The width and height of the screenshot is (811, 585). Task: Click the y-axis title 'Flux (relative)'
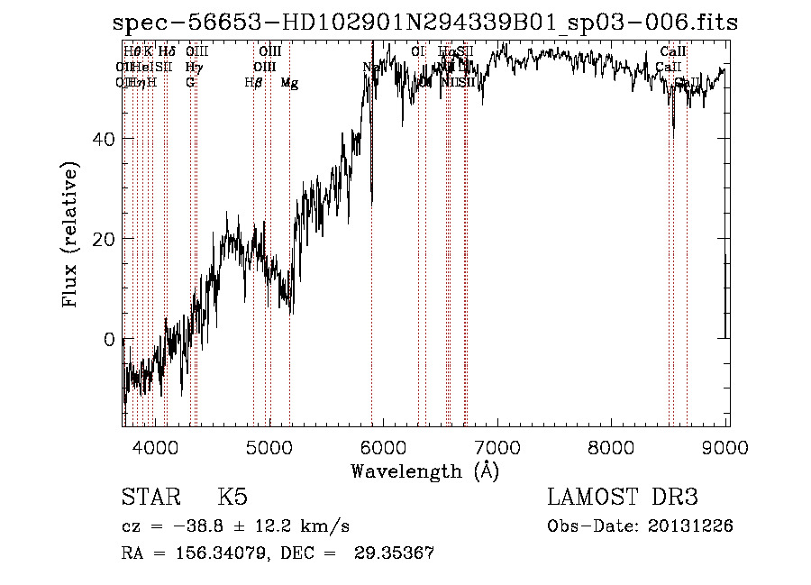[70, 235]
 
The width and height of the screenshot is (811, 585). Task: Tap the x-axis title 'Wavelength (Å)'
[424, 471]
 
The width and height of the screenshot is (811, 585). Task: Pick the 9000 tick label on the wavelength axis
[726, 447]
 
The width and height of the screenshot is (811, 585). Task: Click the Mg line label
[289, 83]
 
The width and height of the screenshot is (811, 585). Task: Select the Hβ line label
[253, 83]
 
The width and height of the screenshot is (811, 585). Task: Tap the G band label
[190, 83]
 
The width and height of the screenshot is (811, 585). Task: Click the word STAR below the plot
[150, 498]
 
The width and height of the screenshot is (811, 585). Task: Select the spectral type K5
[232, 498]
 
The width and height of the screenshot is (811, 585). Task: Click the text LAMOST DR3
[623, 498]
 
